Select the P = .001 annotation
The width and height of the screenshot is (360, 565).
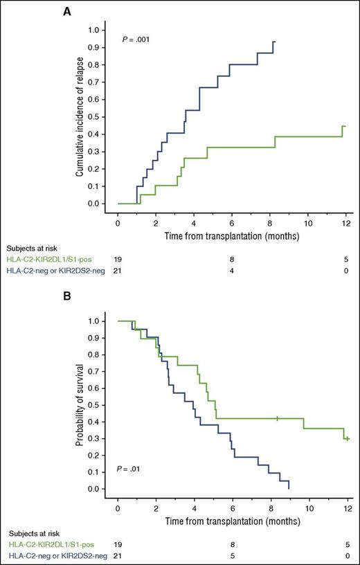[139, 39]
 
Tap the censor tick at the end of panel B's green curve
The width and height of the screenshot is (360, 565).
[347, 438]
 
